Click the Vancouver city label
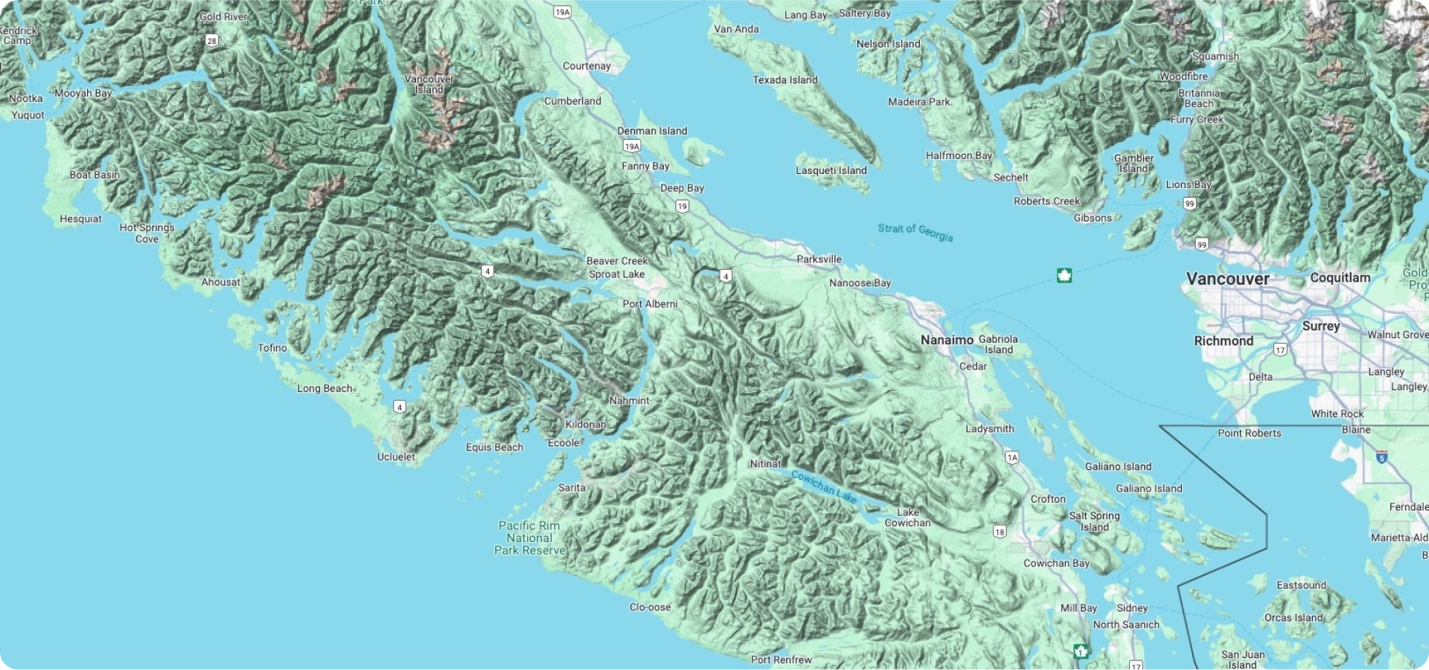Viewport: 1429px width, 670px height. coord(1227,279)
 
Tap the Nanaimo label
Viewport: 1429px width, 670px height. coord(947,340)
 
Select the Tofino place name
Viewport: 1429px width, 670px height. coord(272,348)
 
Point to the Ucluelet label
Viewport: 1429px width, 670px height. coord(396,457)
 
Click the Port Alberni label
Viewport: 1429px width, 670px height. coord(650,304)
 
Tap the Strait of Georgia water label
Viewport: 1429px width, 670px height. coord(915,232)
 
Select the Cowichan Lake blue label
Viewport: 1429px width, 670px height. coord(823,486)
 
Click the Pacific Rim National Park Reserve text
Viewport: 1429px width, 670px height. coord(530,538)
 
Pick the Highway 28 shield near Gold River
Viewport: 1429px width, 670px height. coord(212,41)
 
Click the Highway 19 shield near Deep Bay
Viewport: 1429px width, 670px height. coord(682,207)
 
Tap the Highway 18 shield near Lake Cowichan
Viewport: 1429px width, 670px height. coord(1000,532)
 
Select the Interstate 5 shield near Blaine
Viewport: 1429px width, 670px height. coord(1381,457)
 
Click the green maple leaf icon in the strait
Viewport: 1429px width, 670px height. coord(1064,276)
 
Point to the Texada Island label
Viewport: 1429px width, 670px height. coord(784,80)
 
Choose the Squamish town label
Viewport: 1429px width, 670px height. coord(1215,57)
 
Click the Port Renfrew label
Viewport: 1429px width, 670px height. coord(781,660)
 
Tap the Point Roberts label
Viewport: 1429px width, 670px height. coord(1249,434)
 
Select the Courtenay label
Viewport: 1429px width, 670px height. coord(586,66)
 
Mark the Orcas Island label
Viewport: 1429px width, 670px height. coord(1294,618)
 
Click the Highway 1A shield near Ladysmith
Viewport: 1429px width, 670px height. coord(1012,457)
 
